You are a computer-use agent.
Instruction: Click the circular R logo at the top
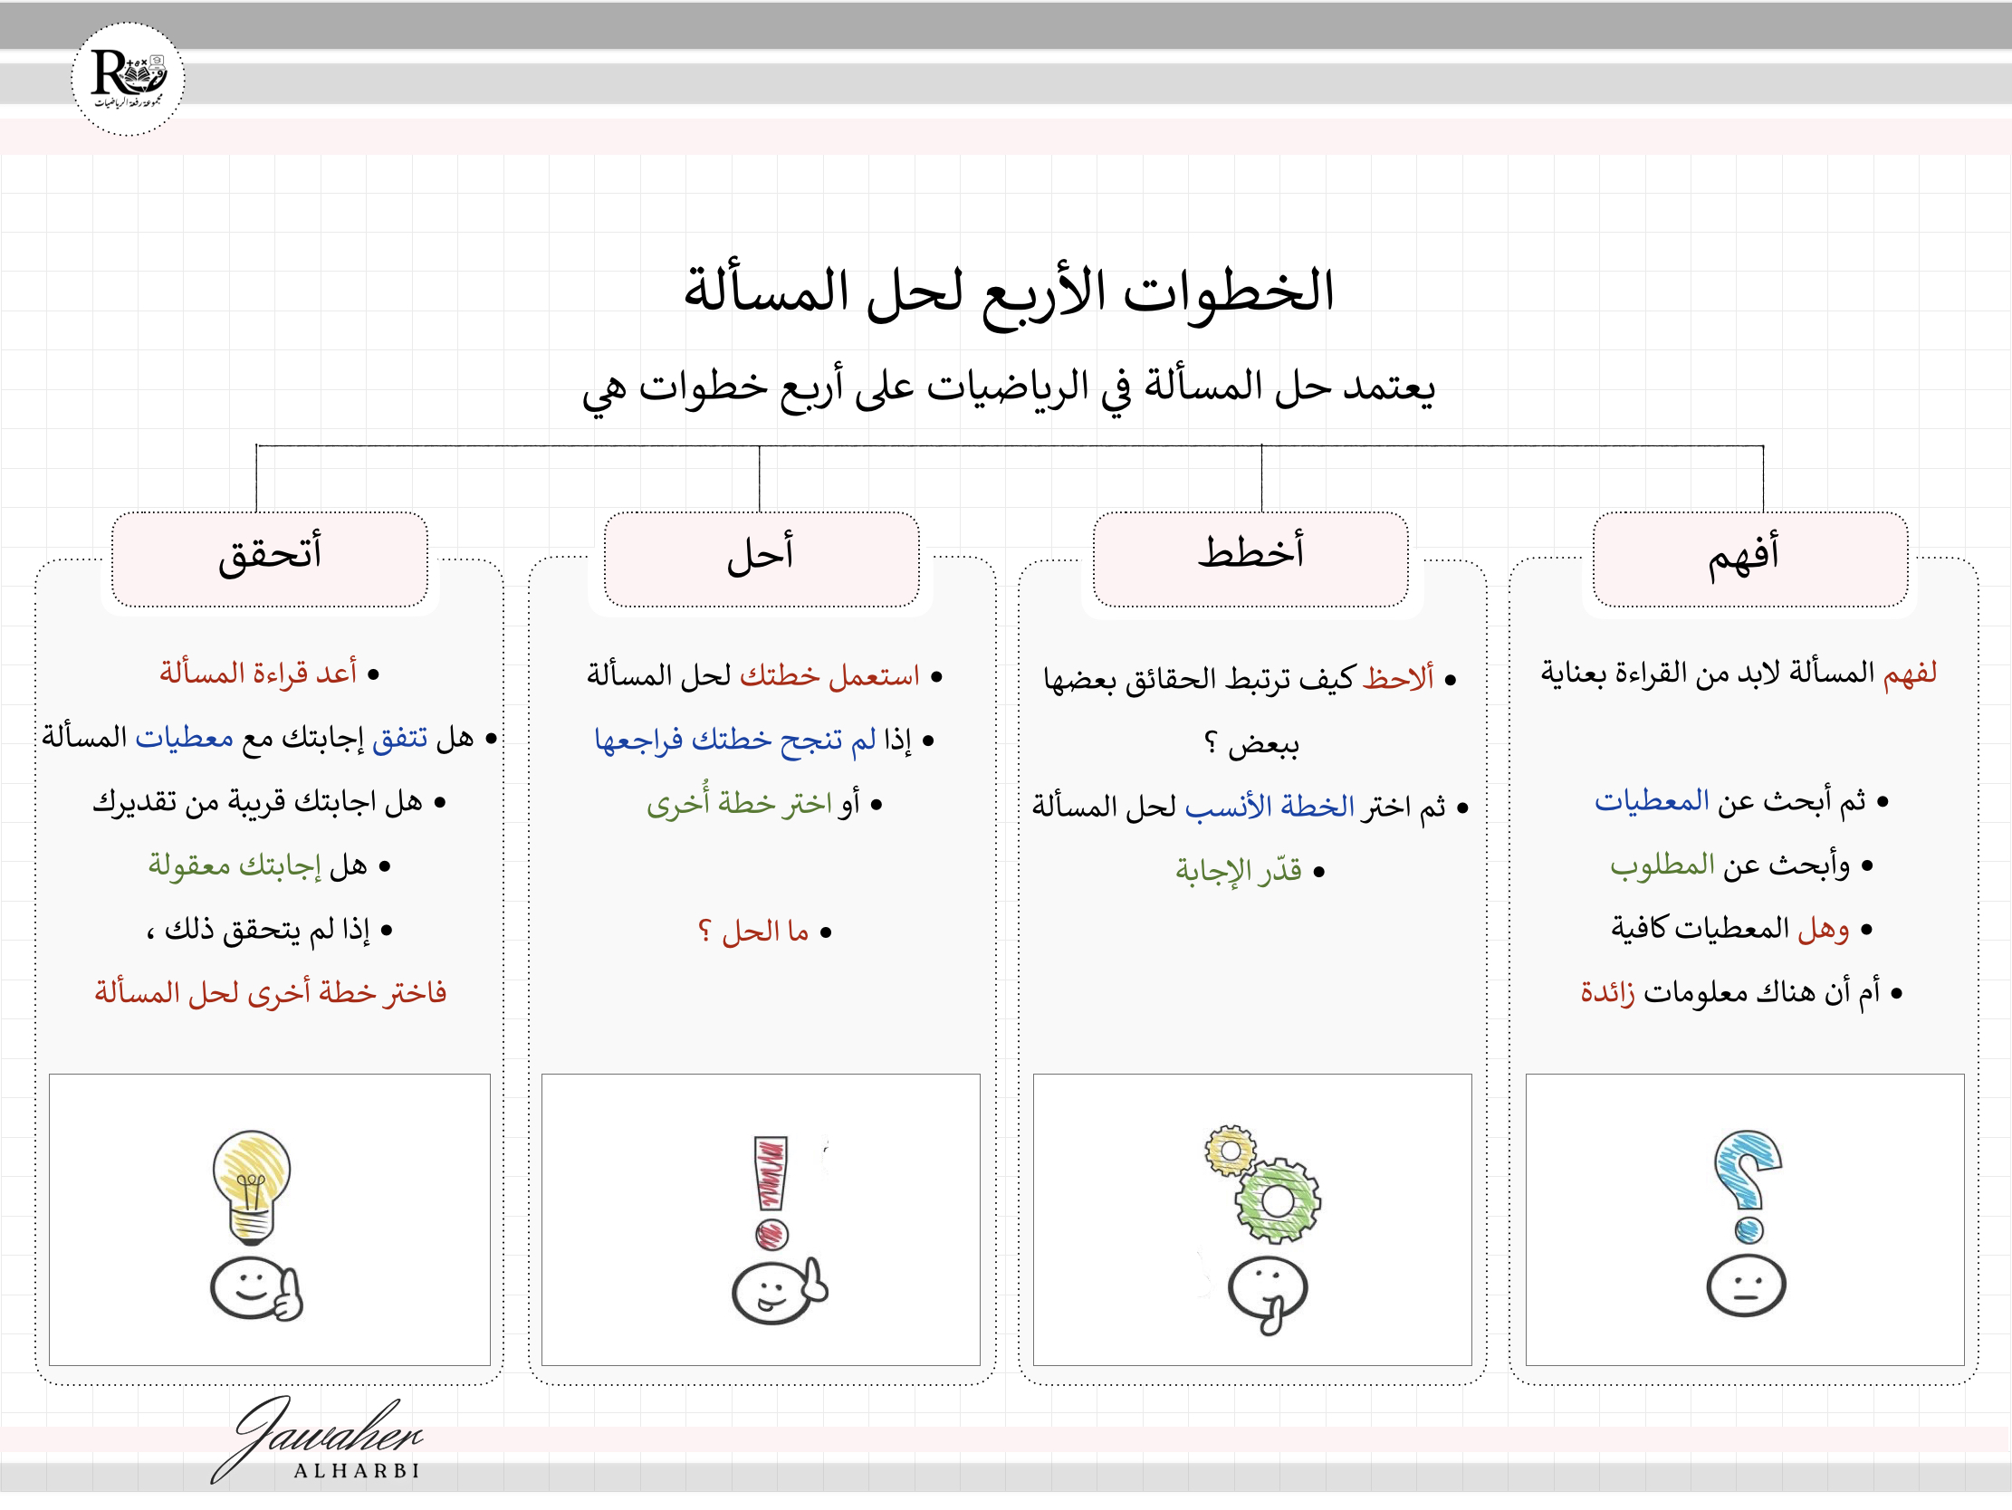(x=128, y=79)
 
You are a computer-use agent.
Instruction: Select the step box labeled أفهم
(x=1749, y=558)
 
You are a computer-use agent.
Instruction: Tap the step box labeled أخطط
(x=1250, y=558)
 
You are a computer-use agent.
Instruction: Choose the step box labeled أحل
(x=762, y=558)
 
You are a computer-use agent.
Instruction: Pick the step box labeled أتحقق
(x=269, y=558)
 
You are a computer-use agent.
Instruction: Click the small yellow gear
(x=1230, y=1151)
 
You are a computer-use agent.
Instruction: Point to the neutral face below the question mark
(x=1746, y=1286)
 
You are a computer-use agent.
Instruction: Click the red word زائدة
(x=1607, y=992)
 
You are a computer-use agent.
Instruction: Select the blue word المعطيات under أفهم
(x=1652, y=800)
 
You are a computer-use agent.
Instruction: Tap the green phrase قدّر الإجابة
(x=1238, y=871)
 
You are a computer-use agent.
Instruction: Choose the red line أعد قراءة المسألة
(x=258, y=674)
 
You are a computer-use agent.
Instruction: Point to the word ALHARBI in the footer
(x=358, y=1471)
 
